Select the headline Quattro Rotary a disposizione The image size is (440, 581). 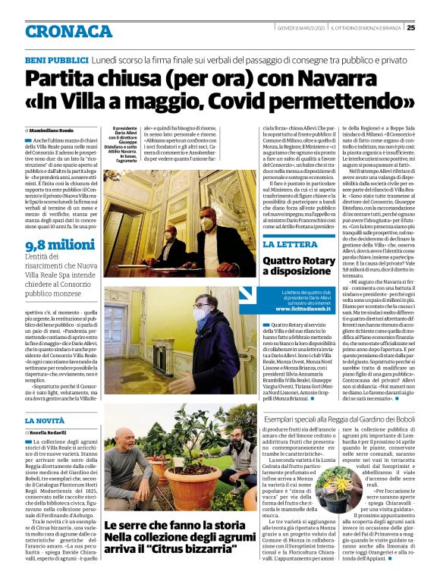coord(298,265)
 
